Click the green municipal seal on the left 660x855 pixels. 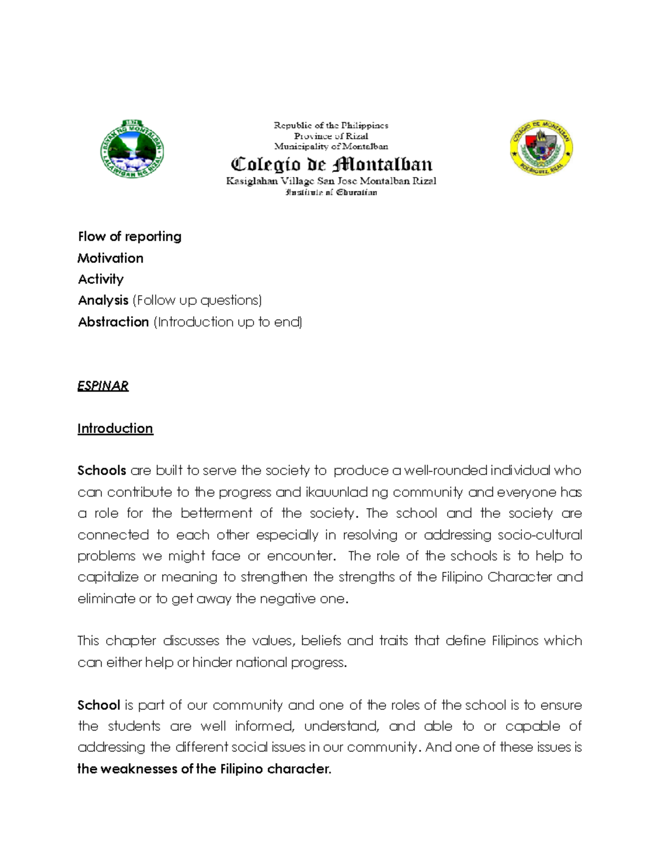point(132,148)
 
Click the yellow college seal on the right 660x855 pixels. point(541,146)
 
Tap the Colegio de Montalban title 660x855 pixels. point(331,164)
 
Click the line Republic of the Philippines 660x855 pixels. point(331,126)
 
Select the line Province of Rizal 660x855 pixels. point(331,136)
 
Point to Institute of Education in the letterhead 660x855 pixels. point(331,193)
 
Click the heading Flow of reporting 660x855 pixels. point(129,237)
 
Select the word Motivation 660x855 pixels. point(110,258)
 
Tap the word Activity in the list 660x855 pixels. point(101,279)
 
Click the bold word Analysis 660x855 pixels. point(103,301)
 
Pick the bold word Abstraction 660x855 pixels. point(113,322)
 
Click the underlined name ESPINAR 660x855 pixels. point(103,386)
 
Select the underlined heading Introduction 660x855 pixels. point(115,428)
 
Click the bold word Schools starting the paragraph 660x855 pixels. point(102,471)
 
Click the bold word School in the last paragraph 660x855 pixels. point(98,705)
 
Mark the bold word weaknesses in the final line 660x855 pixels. point(137,769)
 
